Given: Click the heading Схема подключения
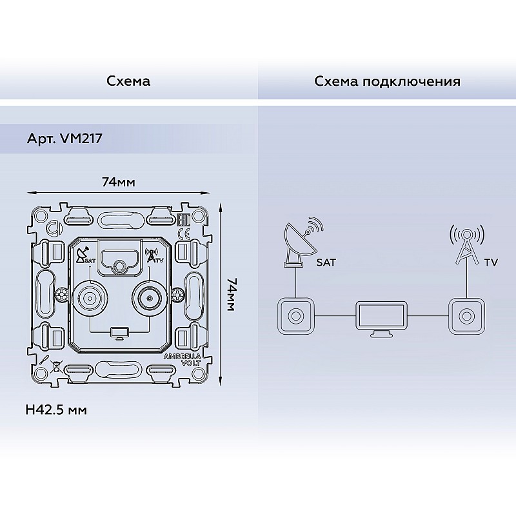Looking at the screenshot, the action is click(387, 81).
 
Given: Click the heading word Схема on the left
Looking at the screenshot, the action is click(128, 81).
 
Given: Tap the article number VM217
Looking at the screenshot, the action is click(81, 139).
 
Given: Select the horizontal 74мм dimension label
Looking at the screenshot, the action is click(119, 182).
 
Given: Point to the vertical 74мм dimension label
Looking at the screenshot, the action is click(231, 295).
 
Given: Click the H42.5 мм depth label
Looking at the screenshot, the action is click(56, 410).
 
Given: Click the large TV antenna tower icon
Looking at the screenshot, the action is click(466, 244).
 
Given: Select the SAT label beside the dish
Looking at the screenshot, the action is click(326, 263).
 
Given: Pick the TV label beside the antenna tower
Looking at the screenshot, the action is click(491, 263).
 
